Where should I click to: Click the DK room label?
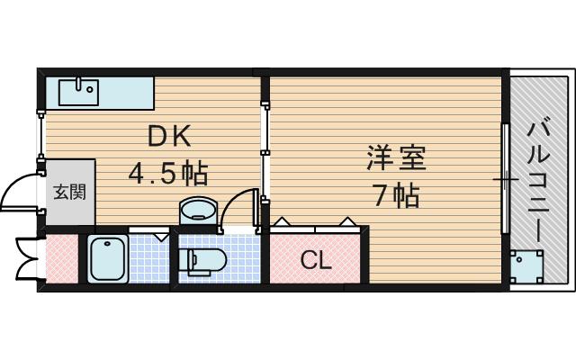(x=169, y=136)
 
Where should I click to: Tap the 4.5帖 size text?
(x=168, y=173)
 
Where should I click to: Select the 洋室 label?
(x=396, y=158)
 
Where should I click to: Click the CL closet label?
(x=316, y=261)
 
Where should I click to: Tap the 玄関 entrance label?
(x=70, y=192)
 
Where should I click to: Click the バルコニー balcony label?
(x=538, y=183)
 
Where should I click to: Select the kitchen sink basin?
(x=78, y=93)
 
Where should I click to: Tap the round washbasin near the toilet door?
(x=198, y=211)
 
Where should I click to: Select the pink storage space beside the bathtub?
(x=62, y=259)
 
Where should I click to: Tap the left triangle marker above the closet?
(x=282, y=221)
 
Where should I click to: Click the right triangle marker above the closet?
(x=346, y=221)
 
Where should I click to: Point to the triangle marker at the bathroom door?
(x=161, y=237)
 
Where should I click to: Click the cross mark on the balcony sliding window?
(x=506, y=180)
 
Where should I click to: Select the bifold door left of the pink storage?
(x=26, y=259)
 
